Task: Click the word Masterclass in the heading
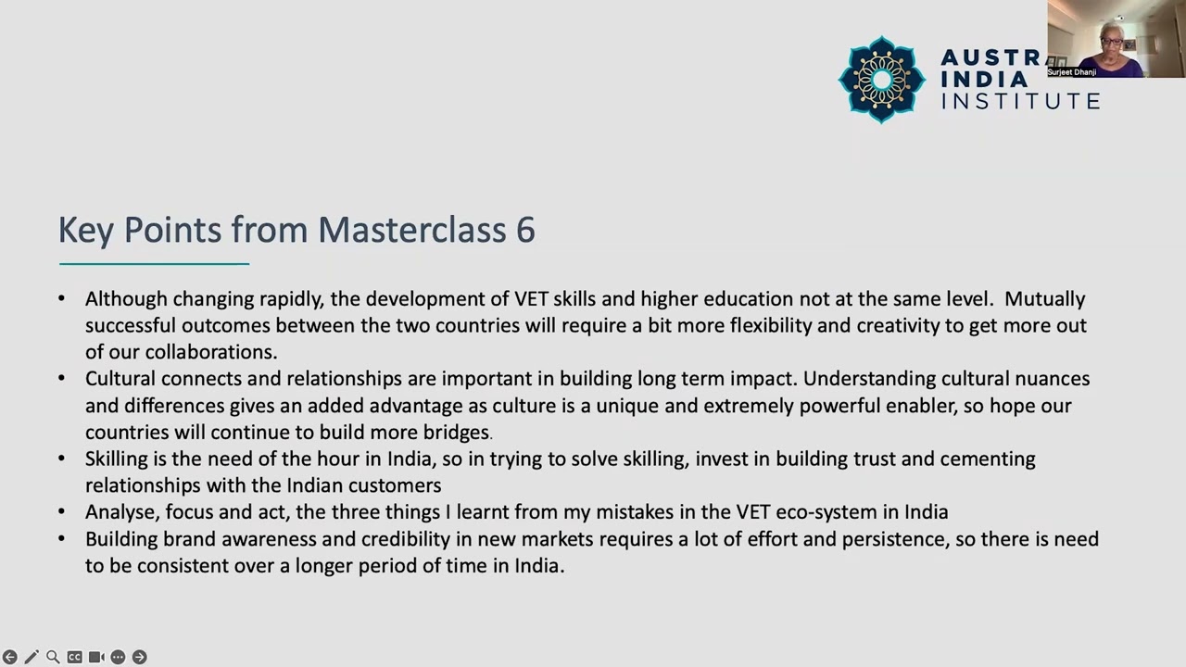click(x=412, y=230)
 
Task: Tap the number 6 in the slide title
click(x=525, y=231)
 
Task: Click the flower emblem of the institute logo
click(x=881, y=80)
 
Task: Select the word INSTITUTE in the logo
click(x=1020, y=101)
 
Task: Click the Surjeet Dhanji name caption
click(x=1072, y=72)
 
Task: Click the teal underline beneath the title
click(x=154, y=264)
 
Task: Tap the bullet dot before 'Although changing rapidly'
click(x=61, y=298)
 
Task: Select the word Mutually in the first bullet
click(x=1044, y=299)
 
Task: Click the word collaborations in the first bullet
click(x=210, y=352)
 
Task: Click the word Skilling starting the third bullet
click(x=117, y=459)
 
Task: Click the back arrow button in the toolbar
click(x=9, y=657)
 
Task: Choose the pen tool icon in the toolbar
click(x=32, y=657)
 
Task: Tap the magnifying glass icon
click(x=53, y=657)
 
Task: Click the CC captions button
click(x=75, y=657)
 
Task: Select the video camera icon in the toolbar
click(x=96, y=657)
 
